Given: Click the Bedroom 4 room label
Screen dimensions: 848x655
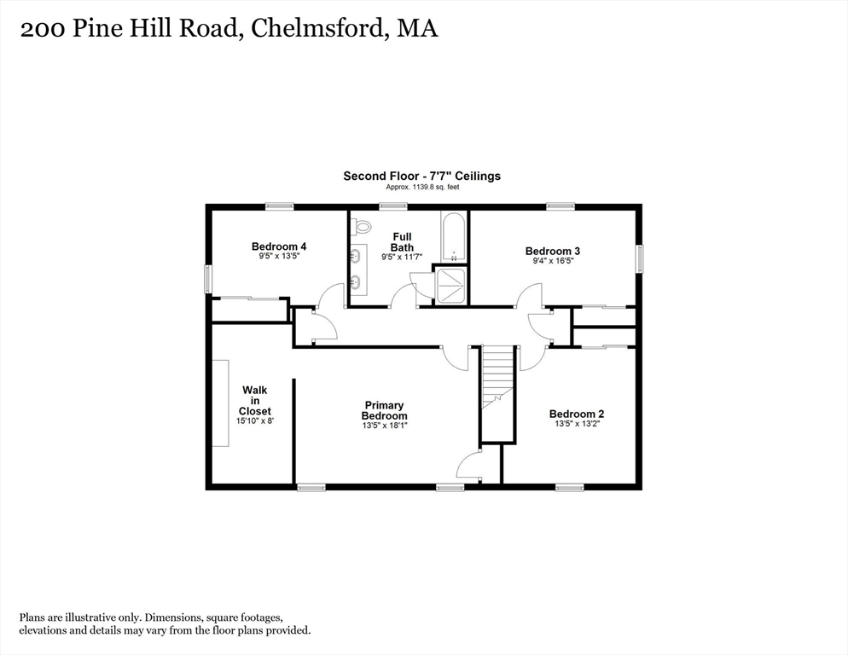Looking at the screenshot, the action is [279, 246].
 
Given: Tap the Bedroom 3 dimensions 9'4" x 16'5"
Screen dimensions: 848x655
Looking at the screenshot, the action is [553, 261].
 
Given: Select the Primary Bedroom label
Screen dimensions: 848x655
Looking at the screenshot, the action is [385, 410].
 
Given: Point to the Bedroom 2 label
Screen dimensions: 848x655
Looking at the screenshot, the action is [577, 414].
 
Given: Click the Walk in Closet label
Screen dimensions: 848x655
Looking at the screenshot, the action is [255, 400].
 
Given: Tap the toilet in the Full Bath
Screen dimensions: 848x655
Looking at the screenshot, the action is [360, 226].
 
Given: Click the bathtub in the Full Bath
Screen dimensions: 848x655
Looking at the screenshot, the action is [453, 238].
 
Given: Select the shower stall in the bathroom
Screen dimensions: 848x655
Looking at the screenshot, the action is [450, 286].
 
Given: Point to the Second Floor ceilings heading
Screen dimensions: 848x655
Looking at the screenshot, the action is [421, 176].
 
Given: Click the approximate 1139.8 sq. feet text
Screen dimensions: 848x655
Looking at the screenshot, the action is [422, 187].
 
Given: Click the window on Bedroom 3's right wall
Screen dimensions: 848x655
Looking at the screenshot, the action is [640, 258].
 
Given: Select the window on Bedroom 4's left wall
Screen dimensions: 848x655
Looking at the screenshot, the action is [207, 280].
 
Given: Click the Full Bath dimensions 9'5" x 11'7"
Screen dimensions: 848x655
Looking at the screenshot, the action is [402, 257].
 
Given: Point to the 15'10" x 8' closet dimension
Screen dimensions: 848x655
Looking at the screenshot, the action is [255, 420].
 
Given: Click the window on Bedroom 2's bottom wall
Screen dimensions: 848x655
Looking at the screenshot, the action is [570, 487].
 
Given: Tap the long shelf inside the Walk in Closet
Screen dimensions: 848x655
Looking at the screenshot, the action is [220, 403].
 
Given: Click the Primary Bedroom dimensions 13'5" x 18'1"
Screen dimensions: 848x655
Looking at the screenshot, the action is [385, 425].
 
